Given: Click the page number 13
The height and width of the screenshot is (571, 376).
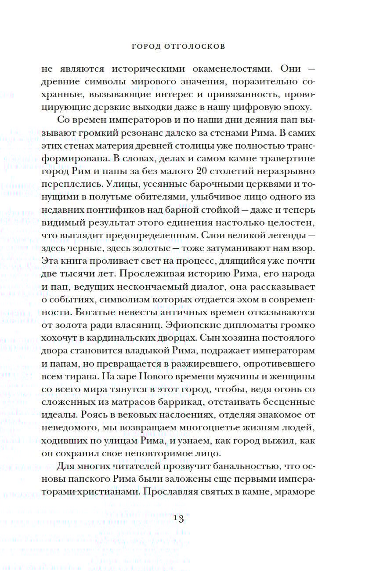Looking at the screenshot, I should [181, 518].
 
